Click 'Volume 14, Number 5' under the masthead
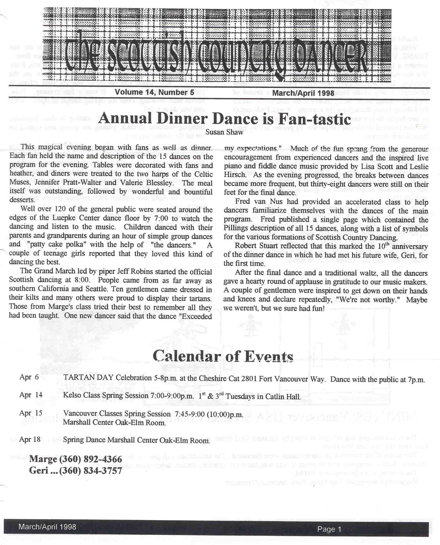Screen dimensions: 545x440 coord(154,92)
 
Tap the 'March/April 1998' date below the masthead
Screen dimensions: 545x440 coord(303,93)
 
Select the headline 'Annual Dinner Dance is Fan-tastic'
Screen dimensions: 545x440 coord(224,119)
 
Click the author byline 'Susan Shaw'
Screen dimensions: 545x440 coord(224,132)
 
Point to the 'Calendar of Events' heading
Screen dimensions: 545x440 coord(223,356)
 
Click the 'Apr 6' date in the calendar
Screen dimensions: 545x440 coord(29,377)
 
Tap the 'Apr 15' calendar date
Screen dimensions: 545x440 coord(31,413)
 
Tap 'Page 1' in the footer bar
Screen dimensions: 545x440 coord(329,529)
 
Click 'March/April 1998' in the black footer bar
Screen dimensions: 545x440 coord(47,527)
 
